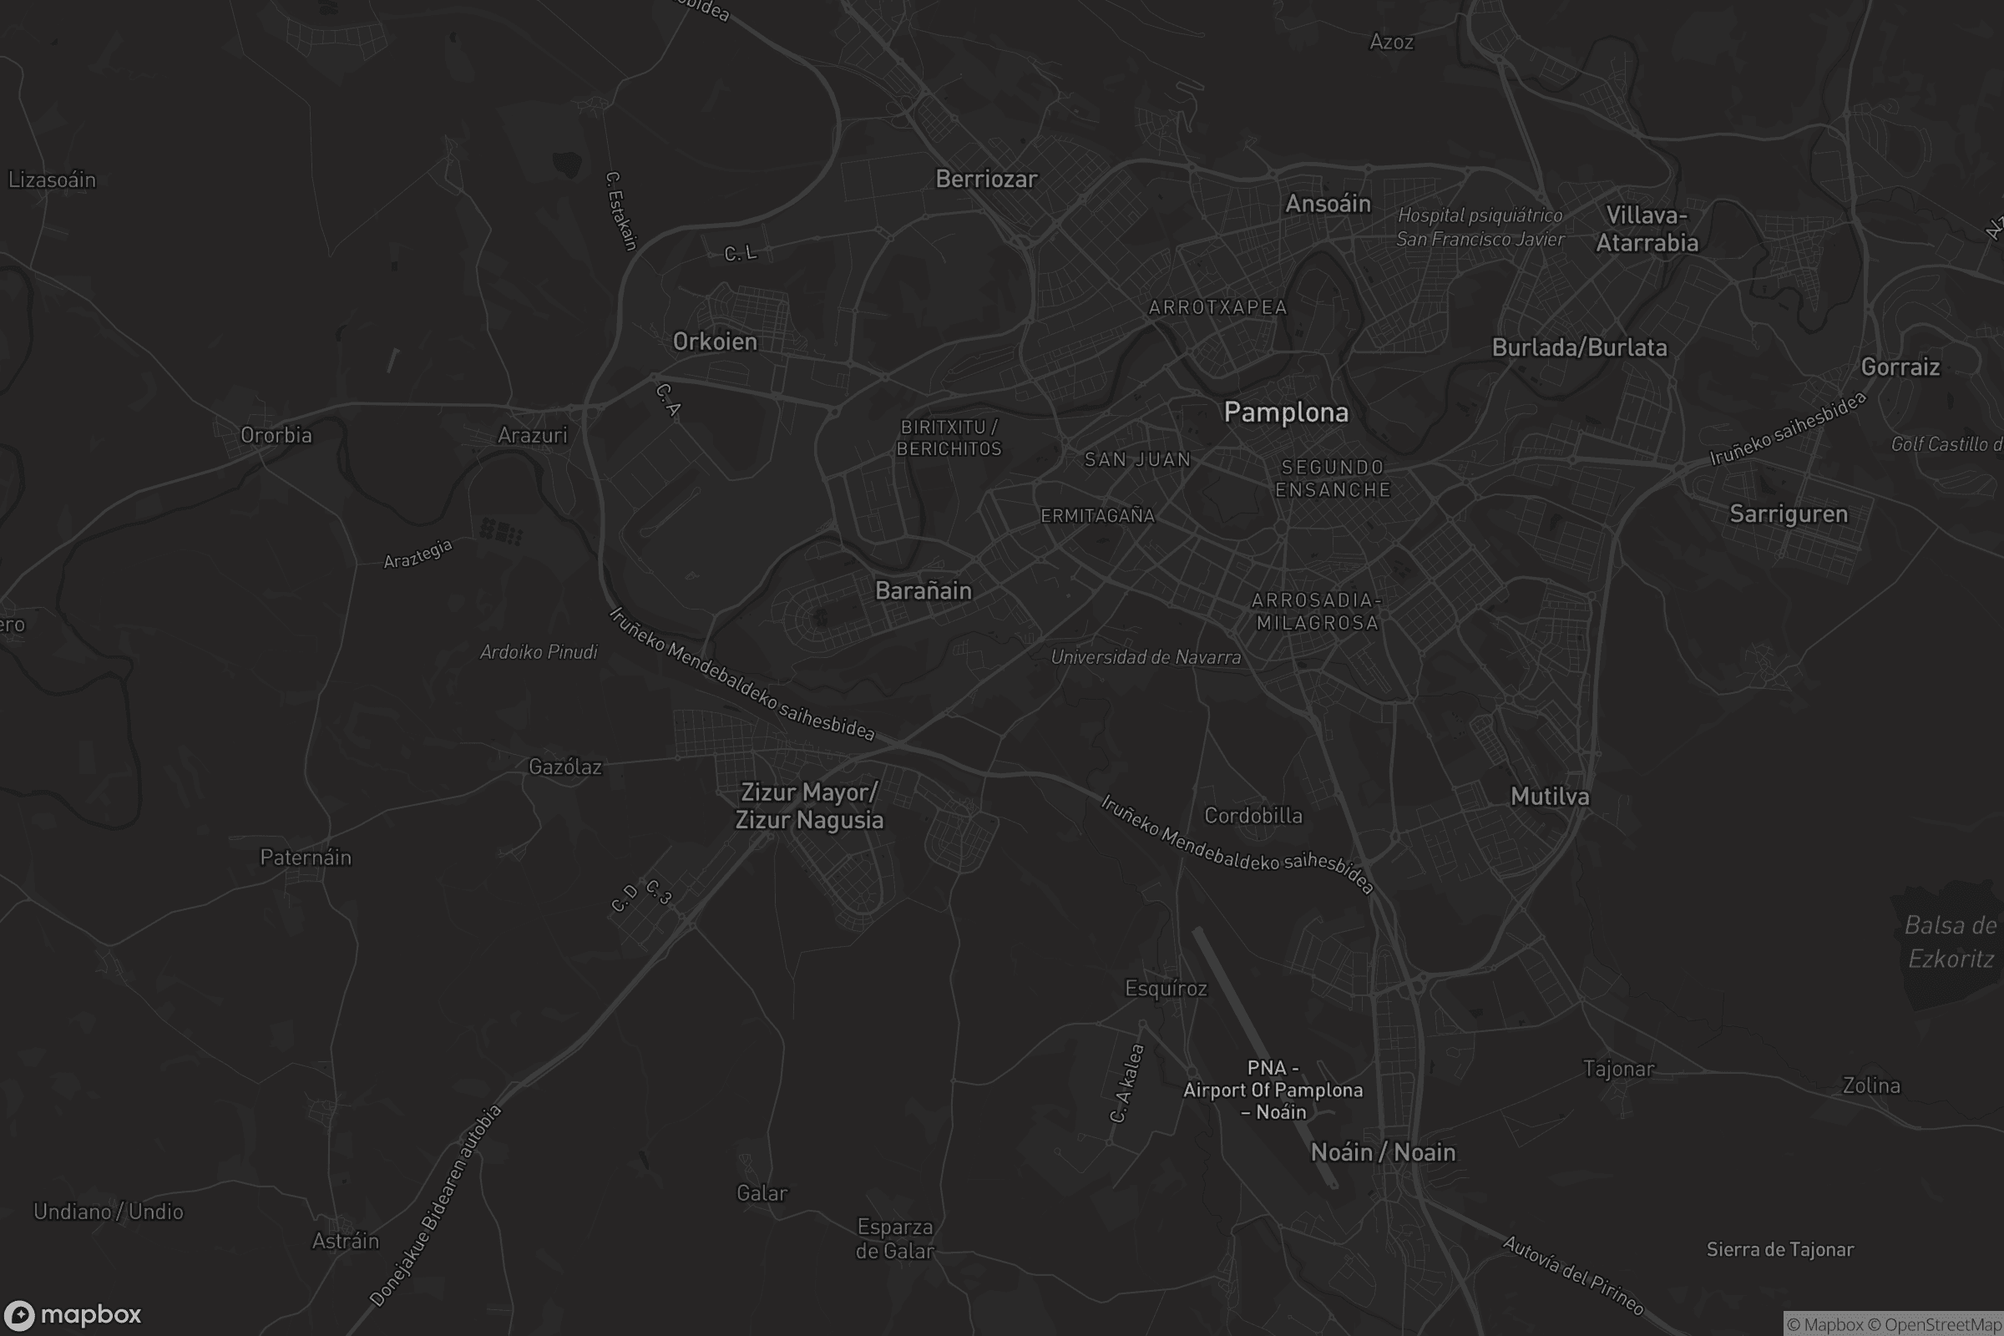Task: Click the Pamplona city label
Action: pyautogui.click(x=1286, y=412)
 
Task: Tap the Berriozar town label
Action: pyautogui.click(x=986, y=179)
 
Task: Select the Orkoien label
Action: pyautogui.click(x=715, y=342)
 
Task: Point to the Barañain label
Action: pyautogui.click(x=923, y=590)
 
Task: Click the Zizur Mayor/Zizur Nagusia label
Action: pyautogui.click(x=808, y=806)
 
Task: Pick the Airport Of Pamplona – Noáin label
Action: pyautogui.click(x=1273, y=1090)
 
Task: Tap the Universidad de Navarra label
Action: pyautogui.click(x=1145, y=657)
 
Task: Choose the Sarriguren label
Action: pyautogui.click(x=1789, y=514)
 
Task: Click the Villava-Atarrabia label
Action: pyautogui.click(x=1646, y=229)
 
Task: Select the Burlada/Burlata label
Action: pyautogui.click(x=1579, y=347)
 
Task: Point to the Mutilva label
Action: pyautogui.click(x=1549, y=797)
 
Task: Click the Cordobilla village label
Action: pyautogui.click(x=1252, y=816)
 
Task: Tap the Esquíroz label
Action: pyautogui.click(x=1166, y=989)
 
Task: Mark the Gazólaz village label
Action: pyautogui.click(x=565, y=767)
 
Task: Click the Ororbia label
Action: pyautogui.click(x=276, y=435)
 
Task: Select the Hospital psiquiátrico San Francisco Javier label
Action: pyautogui.click(x=1480, y=227)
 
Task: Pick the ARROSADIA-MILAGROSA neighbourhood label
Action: pyautogui.click(x=1318, y=612)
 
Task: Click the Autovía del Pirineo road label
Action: pyautogui.click(x=1572, y=1275)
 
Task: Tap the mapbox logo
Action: pyautogui.click(x=72, y=1314)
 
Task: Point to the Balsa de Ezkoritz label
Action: pyautogui.click(x=1950, y=943)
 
